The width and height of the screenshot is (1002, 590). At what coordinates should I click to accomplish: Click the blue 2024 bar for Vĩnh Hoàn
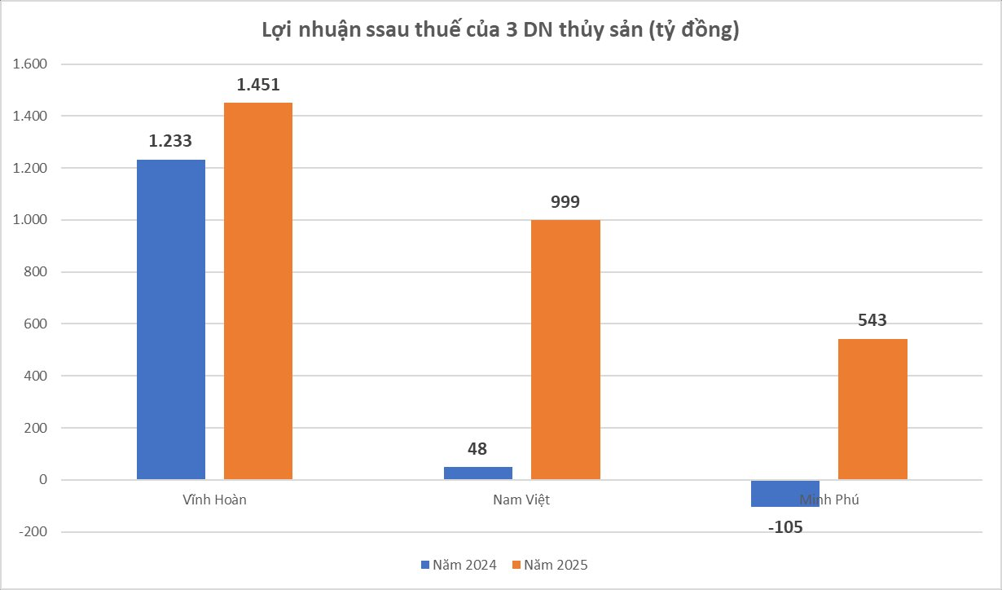coord(171,319)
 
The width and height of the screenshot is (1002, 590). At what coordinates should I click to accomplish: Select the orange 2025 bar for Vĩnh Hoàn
coord(258,291)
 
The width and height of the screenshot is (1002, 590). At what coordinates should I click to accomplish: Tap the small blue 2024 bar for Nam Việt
coord(478,473)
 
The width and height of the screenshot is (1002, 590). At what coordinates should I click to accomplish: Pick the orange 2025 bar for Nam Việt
coord(565,350)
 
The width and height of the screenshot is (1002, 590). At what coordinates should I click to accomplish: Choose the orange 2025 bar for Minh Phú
coord(872,409)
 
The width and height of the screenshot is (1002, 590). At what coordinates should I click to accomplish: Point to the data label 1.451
coord(258,85)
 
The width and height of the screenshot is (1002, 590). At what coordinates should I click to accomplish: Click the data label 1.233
coord(170,141)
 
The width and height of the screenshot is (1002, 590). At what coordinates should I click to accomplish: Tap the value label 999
coord(565,202)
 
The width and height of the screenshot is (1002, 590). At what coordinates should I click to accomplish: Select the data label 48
coord(477,448)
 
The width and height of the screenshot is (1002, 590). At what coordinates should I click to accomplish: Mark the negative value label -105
coord(785,526)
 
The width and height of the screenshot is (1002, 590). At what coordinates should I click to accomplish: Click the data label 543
coord(872,321)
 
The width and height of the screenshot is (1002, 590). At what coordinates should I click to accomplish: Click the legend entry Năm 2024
coord(459,565)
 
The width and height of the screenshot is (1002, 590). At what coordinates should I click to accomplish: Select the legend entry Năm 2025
coord(549,565)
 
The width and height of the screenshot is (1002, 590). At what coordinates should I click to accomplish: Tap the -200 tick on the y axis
coord(35,532)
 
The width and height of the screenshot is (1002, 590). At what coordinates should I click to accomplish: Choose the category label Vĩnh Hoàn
coord(214,500)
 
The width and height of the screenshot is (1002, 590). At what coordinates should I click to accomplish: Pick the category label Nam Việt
coord(521,500)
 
